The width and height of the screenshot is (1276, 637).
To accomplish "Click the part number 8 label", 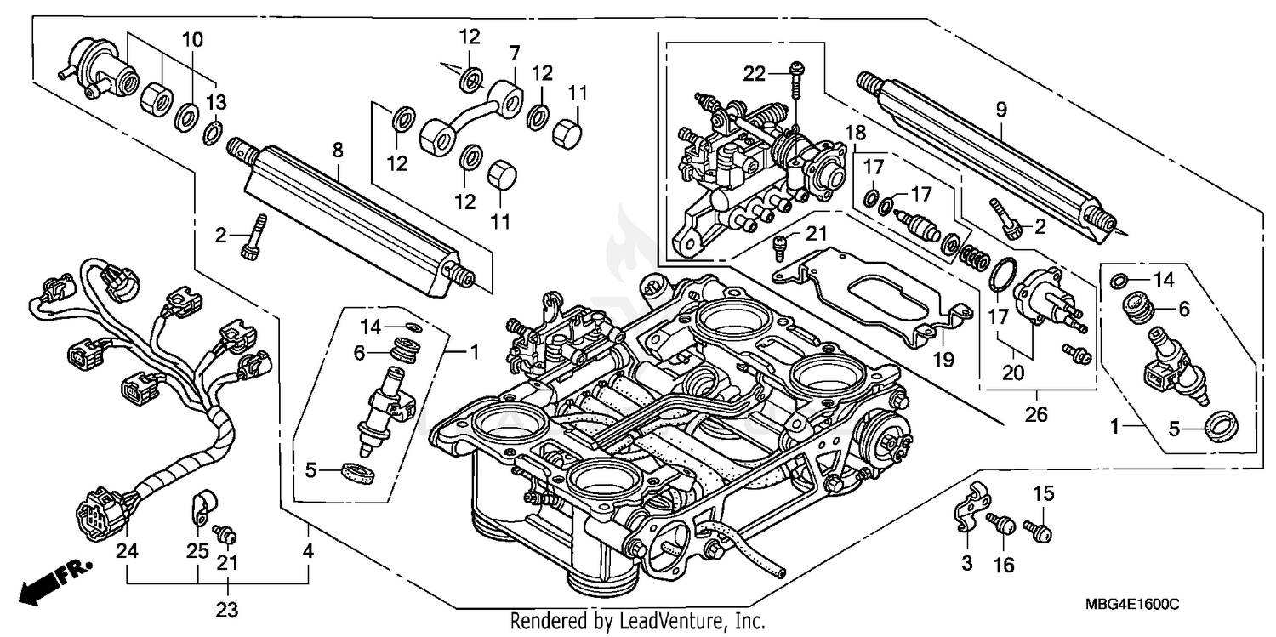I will [338, 151].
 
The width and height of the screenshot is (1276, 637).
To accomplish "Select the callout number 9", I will [1000, 109].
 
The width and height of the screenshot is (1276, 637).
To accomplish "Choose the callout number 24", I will [127, 551].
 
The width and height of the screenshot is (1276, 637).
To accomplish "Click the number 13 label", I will [216, 103].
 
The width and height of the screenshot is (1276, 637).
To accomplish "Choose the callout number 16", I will [1005, 566].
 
